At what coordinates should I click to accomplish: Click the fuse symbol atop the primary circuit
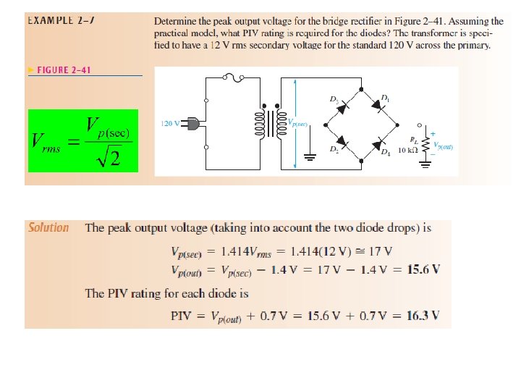(x=231, y=75)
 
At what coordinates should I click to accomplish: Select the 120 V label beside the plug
(x=170, y=124)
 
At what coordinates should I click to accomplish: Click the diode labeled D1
(x=380, y=106)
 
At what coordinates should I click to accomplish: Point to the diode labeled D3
(x=344, y=106)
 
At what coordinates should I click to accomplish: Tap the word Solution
(x=48, y=227)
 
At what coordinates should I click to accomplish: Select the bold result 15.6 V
(x=423, y=270)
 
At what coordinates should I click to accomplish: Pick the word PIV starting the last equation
(x=181, y=316)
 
